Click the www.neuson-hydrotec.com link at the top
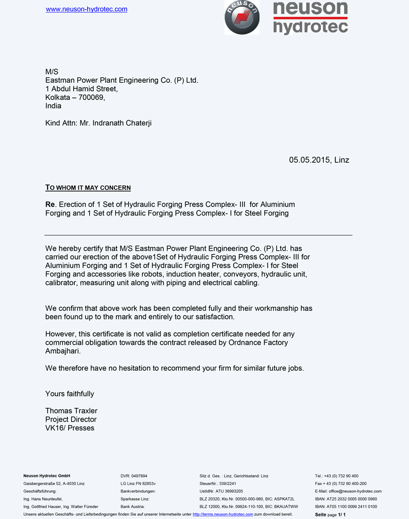coord(87,9)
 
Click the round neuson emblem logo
coord(242,17)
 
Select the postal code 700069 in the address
coord(91,97)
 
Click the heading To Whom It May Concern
coord(88,188)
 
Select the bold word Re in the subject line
coord(50,205)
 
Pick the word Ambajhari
coord(63,351)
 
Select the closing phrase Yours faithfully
coord(70,394)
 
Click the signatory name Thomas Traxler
coord(71,411)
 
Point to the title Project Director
coord(71,420)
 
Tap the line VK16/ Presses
coord(70,428)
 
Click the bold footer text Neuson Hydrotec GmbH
coord(47,476)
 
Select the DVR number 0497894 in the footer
coord(140,476)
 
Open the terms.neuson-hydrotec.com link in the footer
coord(222,514)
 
